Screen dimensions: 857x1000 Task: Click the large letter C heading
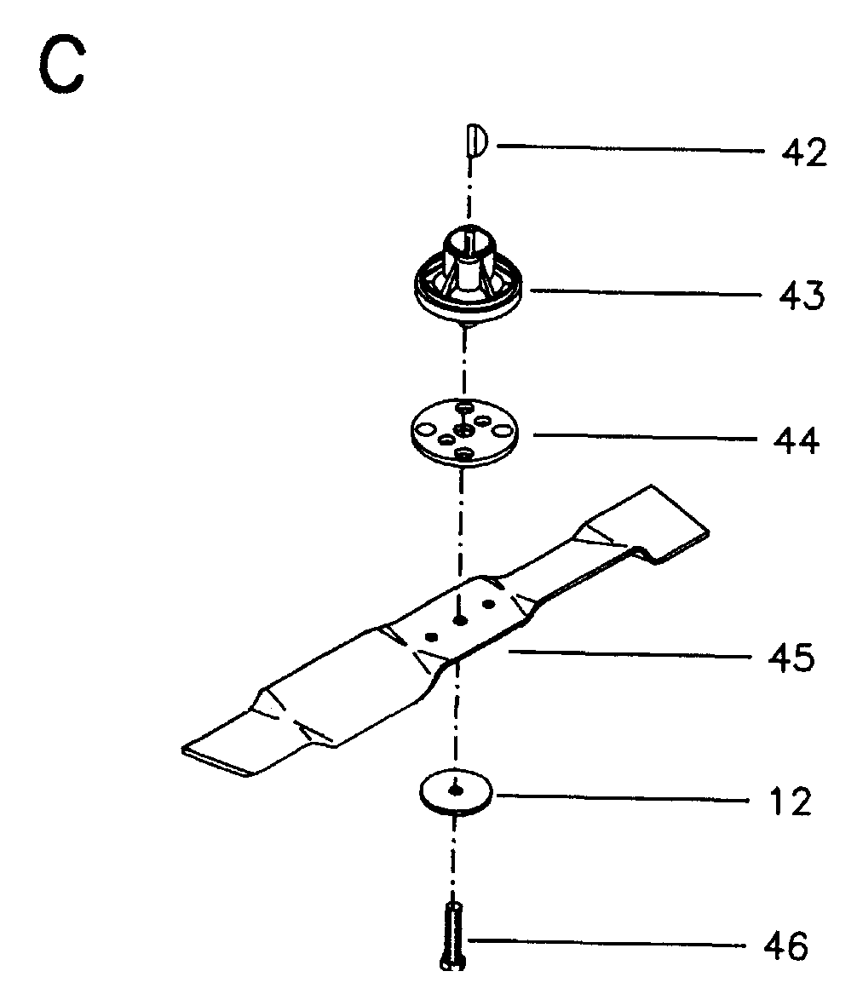coord(61,65)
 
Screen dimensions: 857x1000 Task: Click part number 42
coord(804,152)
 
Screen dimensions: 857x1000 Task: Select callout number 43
coord(802,296)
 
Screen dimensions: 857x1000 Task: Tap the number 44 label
coord(797,440)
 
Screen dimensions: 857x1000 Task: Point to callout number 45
coord(791,658)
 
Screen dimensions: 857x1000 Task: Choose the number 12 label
coord(791,802)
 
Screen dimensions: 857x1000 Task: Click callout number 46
coord(785,945)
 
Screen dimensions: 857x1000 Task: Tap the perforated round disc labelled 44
coord(464,434)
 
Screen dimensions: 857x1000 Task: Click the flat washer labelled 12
coord(456,793)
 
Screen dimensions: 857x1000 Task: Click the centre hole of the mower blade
coord(459,620)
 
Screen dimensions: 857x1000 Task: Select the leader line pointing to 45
coord(630,654)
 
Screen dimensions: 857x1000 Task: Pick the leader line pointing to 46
coord(607,943)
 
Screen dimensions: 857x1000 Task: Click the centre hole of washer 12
coord(455,790)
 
